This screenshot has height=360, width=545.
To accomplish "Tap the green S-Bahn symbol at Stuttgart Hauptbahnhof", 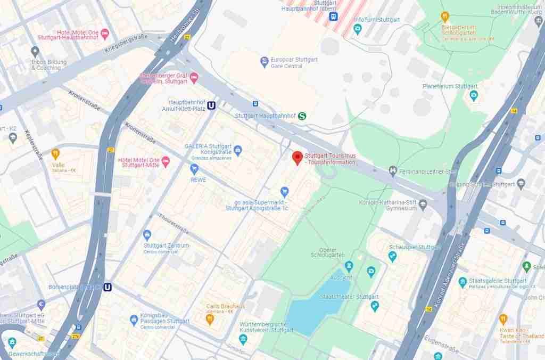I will tap(302, 116).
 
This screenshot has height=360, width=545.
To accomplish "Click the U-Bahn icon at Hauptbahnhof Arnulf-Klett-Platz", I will tap(212, 105).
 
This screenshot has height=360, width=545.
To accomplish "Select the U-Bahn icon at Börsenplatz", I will tap(108, 287).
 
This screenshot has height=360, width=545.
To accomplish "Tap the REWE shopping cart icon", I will tap(194, 169).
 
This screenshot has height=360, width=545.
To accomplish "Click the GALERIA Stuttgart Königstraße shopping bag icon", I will tap(238, 150).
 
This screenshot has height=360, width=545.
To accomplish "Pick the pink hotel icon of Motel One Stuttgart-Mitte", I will tap(165, 160).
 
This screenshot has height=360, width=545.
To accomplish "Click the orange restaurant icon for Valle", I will tap(55, 154).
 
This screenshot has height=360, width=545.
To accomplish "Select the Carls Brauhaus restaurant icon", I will tap(210, 319).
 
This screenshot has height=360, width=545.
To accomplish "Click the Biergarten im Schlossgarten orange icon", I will tap(445, 16).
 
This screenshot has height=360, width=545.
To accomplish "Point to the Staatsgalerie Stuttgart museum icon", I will tap(463, 282).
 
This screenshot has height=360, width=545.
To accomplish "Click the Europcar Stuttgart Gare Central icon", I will tap(265, 63).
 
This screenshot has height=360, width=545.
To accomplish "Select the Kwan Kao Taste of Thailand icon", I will tap(503, 319).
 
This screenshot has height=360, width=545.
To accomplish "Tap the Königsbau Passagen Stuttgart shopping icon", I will tap(134, 320).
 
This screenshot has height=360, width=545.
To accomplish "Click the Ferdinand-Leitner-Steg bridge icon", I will tap(393, 171).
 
